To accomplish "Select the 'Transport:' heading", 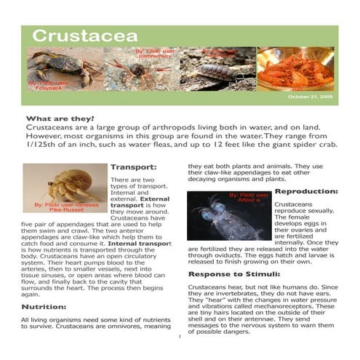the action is click(133, 167).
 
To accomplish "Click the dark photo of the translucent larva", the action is click(229, 215).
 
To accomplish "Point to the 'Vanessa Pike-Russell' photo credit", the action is click(65, 212).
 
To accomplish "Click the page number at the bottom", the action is click(179, 337).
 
